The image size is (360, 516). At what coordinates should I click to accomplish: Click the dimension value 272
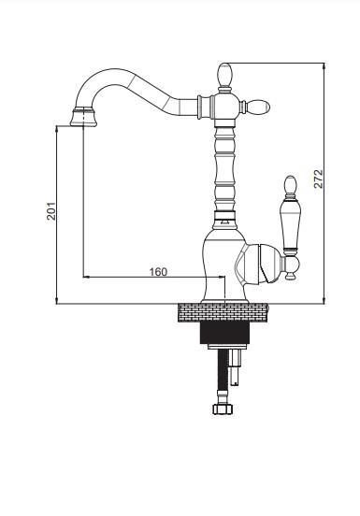tap(319, 179)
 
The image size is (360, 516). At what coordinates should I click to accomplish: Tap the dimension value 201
tap(51, 211)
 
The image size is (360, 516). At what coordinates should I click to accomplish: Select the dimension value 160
tap(158, 272)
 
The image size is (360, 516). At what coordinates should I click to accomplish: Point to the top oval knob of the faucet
tap(225, 75)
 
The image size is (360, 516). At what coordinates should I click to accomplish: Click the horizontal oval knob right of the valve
tap(258, 107)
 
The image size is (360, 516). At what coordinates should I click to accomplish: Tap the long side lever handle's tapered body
tap(290, 225)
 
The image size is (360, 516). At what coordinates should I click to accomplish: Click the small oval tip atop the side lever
tap(290, 184)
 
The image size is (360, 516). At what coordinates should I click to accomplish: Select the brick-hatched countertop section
tap(223, 312)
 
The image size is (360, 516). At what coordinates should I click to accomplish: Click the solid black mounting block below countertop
tap(224, 333)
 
